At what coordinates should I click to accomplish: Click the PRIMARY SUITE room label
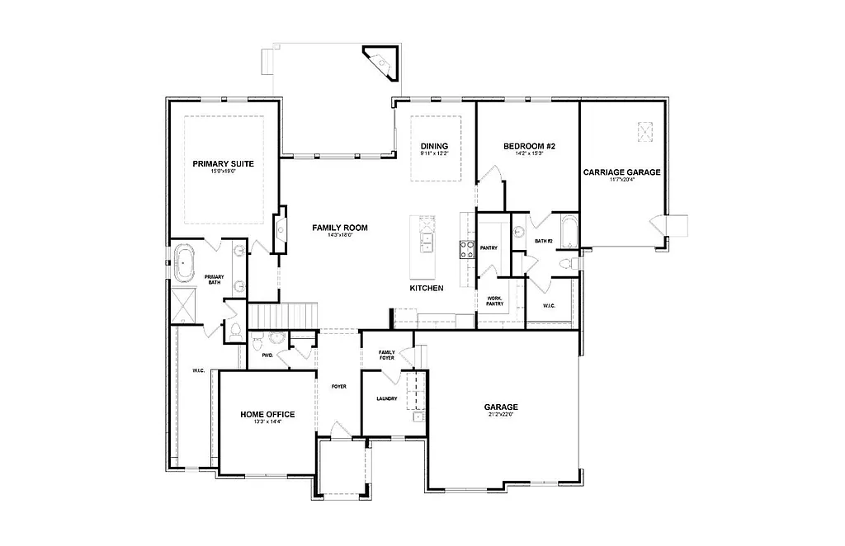pos(223,163)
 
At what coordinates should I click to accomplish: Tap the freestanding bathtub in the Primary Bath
pos(182,263)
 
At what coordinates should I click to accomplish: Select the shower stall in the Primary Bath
pos(182,305)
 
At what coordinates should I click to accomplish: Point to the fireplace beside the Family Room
pos(281,228)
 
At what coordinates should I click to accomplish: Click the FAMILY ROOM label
pos(339,228)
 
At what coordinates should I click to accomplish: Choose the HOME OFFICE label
pos(267,414)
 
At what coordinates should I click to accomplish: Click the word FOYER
pos(338,386)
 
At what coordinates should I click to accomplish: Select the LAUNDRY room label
pos(386,398)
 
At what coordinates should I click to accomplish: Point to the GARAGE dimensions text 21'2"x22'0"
pos(500,415)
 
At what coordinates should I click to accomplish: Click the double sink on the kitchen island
pos(427,240)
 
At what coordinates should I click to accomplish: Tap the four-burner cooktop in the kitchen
pos(467,247)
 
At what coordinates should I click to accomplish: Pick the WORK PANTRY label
pos(494,301)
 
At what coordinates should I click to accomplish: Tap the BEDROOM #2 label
pos(529,146)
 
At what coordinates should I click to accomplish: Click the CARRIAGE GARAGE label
pos(621,172)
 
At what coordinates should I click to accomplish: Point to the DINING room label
pos(433,146)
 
